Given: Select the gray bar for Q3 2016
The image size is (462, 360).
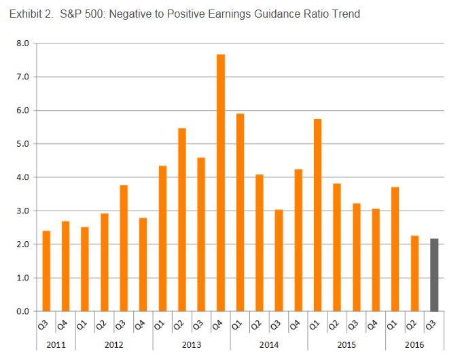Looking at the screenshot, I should coord(434,274).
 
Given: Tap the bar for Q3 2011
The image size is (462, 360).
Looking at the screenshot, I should coord(46,271).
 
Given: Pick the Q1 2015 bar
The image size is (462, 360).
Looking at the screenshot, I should coord(317,215).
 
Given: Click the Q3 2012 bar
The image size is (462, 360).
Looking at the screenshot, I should coord(124,248).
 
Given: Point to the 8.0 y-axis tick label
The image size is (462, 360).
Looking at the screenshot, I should coord(22,43).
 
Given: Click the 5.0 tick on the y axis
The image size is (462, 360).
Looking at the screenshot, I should coord(22,144).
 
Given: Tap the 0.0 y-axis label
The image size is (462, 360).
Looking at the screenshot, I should coord(22,312).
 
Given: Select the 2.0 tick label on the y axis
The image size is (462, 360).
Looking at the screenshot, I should coord(22,245).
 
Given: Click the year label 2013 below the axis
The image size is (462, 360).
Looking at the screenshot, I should coord(192,344).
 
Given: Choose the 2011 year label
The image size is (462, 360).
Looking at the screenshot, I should coord(56,344).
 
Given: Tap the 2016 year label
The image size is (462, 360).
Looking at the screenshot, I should coord(414,344).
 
